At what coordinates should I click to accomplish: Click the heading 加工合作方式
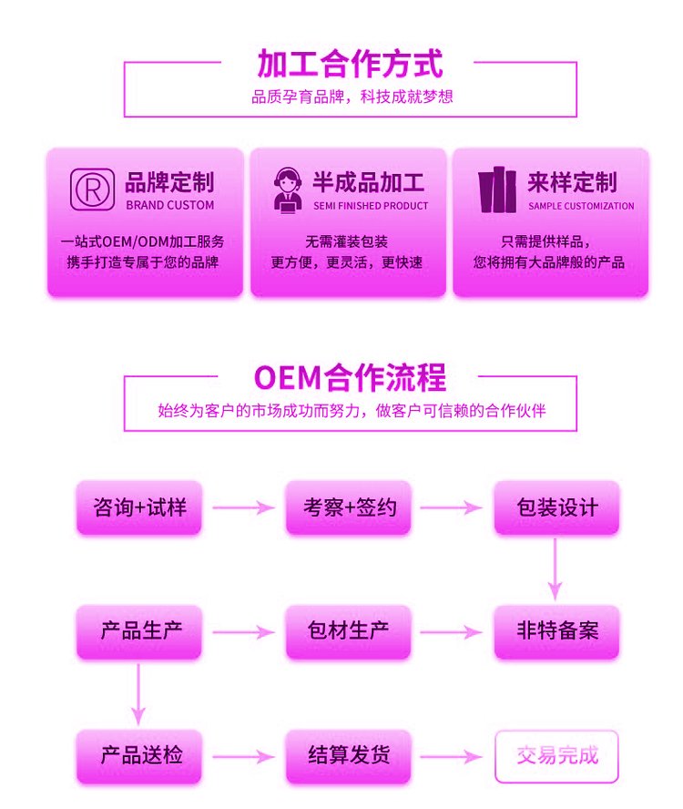point(350,65)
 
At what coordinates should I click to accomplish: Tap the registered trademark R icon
point(93,189)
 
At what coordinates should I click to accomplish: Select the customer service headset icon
point(289,189)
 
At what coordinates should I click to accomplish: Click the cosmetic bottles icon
point(496,190)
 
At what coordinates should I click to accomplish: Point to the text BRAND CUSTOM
point(169,206)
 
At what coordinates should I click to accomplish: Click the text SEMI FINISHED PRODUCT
point(371,206)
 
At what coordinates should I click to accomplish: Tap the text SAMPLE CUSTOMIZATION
point(581,206)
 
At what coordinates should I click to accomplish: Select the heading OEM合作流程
point(350,377)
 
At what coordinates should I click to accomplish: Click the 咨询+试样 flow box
point(139,507)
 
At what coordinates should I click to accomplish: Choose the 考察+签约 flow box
point(349,507)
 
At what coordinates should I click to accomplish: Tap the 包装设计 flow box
point(556,507)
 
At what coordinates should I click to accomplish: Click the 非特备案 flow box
point(556,630)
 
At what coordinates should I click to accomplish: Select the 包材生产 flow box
point(349,630)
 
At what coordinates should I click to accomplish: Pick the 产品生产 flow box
point(139,630)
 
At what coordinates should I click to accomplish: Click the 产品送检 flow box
point(139,755)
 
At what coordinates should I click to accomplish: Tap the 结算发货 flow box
point(349,755)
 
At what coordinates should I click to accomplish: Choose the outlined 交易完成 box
point(556,755)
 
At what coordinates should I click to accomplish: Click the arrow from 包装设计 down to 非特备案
point(556,568)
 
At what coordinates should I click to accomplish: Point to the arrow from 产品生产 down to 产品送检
point(138,692)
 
